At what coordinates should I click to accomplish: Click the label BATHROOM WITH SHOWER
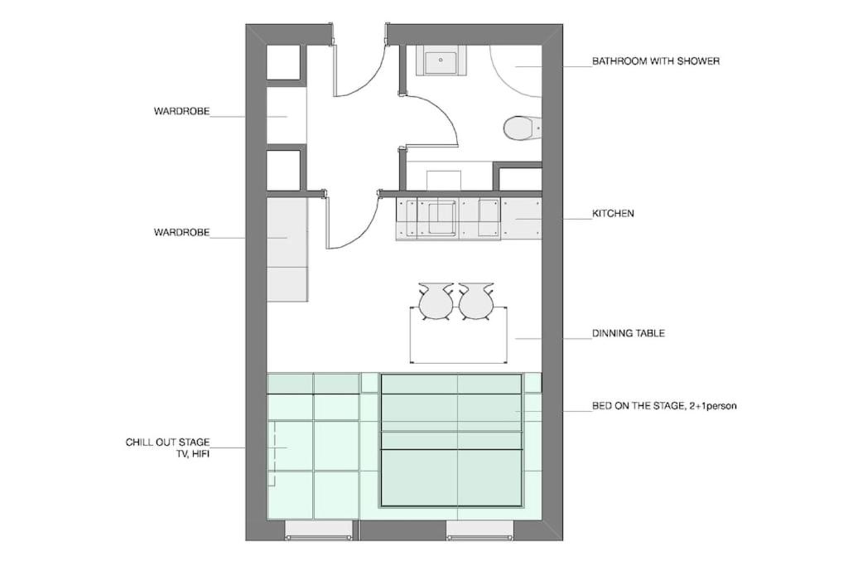tap(656, 61)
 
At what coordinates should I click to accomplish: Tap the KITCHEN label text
tap(614, 213)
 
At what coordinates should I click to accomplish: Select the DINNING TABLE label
tap(629, 333)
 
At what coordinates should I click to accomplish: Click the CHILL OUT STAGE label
tap(167, 442)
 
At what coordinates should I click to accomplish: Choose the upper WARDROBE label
tap(181, 112)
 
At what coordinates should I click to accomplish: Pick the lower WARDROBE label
tap(181, 232)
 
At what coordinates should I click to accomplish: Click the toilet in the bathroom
tap(522, 128)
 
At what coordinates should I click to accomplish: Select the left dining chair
tap(436, 302)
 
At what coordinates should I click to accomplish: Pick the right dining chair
tap(476, 302)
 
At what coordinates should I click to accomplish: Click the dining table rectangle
tap(459, 335)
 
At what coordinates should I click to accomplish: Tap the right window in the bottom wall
tap(479, 531)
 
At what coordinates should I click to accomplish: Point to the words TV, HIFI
tap(190, 454)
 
